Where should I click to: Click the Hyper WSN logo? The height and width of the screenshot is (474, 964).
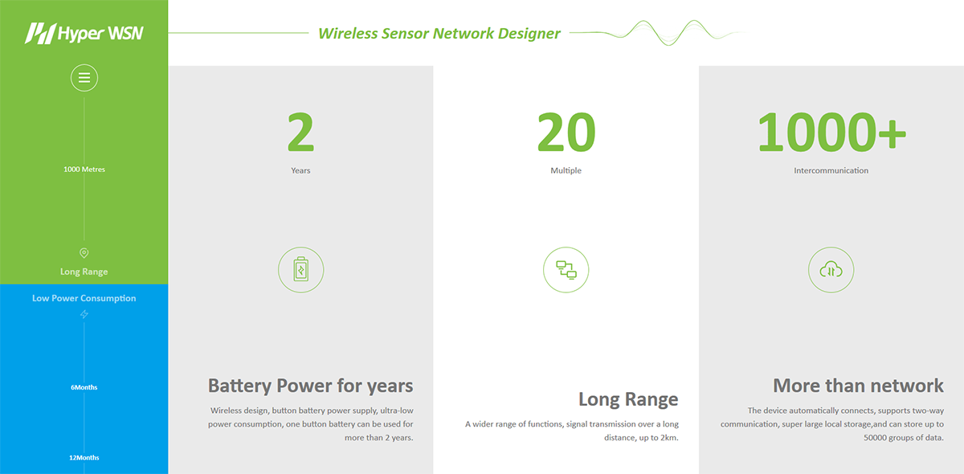point(84,33)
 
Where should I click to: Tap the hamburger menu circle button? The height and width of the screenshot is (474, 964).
point(84,78)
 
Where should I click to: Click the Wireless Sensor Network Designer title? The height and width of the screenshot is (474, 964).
point(439,33)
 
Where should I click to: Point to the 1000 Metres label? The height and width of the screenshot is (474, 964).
point(84,170)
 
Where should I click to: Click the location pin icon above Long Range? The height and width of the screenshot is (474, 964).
point(84,253)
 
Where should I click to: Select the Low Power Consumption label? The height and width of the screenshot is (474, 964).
point(84,298)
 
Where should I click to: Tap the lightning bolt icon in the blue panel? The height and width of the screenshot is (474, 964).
point(84,314)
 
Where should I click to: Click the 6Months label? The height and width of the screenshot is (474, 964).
point(84,387)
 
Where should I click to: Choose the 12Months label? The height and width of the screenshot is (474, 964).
point(84,458)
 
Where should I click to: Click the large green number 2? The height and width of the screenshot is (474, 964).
point(300,133)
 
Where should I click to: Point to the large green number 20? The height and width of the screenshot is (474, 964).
point(566,133)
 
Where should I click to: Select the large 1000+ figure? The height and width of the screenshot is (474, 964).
point(831,133)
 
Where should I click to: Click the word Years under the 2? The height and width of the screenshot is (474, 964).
point(300,170)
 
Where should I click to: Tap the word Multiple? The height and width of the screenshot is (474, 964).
point(566,170)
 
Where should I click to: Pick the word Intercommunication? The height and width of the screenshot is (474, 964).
point(831,170)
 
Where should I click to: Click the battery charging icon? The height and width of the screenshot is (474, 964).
point(300,270)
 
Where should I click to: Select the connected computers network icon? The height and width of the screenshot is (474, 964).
point(566,270)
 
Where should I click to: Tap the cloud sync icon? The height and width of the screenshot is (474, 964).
point(831,270)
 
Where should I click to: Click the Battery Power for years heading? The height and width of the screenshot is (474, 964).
point(310,386)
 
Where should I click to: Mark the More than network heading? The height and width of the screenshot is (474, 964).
point(858,386)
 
